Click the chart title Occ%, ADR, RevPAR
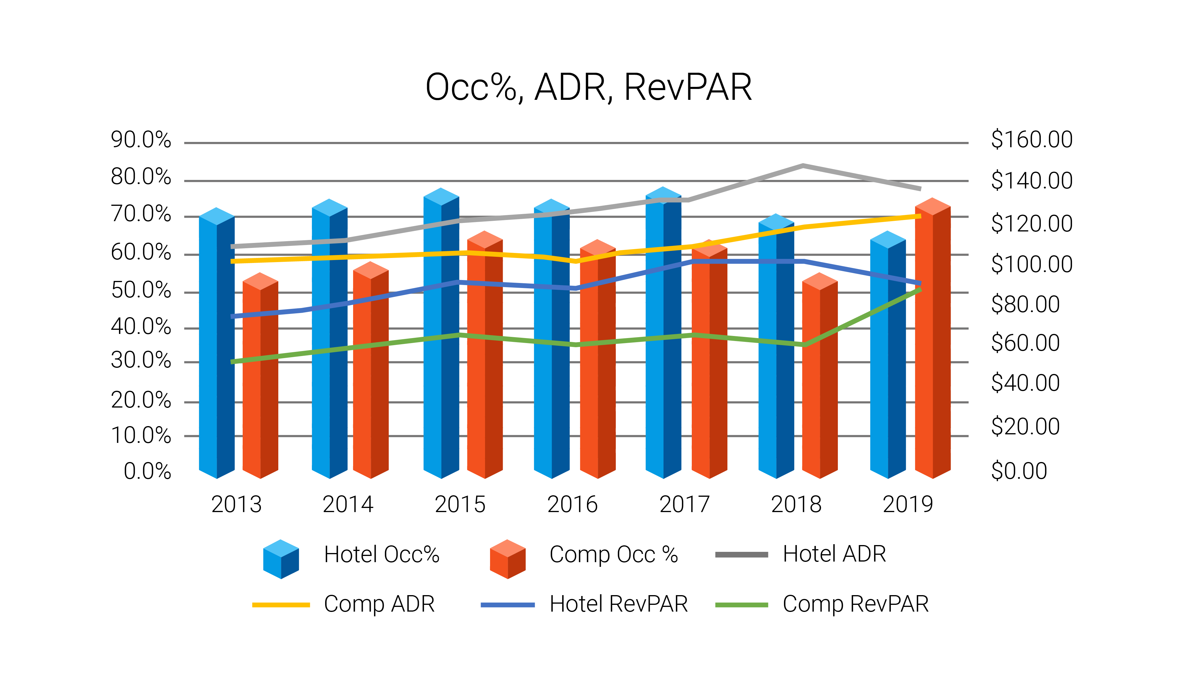[x=588, y=87]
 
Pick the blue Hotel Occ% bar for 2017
[x=663, y=337]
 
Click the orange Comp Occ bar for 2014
[x=371, y=374]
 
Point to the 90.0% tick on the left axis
[x=141, y=140]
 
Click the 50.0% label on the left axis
[x=141, y=290]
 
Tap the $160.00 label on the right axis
[x=1032, y=140]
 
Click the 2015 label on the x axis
[x=460, y=505]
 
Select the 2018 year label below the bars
[x=796, y=505]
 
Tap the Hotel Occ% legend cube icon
[x=281, y=559]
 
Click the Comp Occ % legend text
[x=613, y=555]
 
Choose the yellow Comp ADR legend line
[x=281, y=605]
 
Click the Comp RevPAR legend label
[x=856, y=604]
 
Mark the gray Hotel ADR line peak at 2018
[x=803, y=165]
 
